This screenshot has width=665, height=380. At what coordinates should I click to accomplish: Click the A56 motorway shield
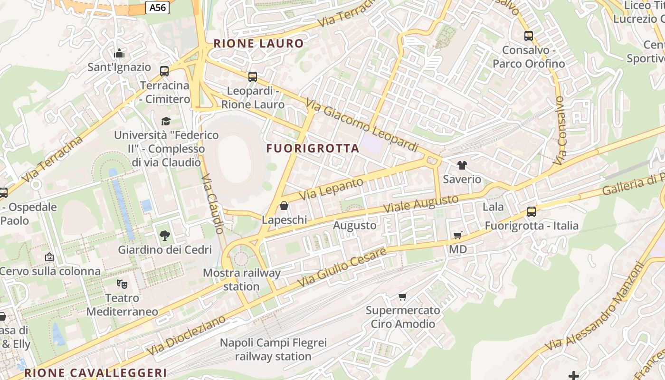157,8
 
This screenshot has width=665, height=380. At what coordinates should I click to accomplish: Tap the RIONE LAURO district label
258,44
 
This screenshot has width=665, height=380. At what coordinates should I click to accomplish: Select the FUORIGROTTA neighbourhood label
313,148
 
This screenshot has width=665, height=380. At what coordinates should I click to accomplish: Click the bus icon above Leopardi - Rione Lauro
253,76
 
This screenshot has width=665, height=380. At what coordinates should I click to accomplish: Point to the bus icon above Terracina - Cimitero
164,71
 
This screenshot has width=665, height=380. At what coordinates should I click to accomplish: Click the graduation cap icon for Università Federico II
166,121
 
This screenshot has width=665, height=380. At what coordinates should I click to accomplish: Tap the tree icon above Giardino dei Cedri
165,235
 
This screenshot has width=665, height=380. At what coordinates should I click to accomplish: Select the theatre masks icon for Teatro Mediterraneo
122,284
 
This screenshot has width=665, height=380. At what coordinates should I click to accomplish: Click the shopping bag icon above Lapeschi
284,206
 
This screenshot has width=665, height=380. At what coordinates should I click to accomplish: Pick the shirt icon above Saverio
462,165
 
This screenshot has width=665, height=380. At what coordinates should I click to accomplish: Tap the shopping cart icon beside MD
458,235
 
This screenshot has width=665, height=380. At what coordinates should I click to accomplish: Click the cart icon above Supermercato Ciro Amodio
403,296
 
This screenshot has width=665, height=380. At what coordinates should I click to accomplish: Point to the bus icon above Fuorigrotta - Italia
532,212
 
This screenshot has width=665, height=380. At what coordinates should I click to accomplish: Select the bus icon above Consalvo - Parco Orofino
529,36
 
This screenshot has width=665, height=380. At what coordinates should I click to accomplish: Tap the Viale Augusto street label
421,203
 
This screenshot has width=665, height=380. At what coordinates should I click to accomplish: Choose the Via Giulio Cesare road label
342,267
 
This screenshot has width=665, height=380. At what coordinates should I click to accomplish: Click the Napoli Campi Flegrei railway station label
273,350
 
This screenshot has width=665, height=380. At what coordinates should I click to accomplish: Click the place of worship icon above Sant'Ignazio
119,53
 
